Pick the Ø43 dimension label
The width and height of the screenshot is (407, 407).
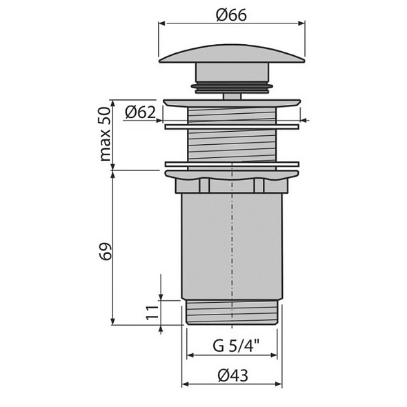coord(232,375)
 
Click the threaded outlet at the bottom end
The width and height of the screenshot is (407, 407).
coord(232,312)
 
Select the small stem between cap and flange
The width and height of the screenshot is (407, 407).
coord(232,96)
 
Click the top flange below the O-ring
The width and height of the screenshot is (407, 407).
coord(232,102)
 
